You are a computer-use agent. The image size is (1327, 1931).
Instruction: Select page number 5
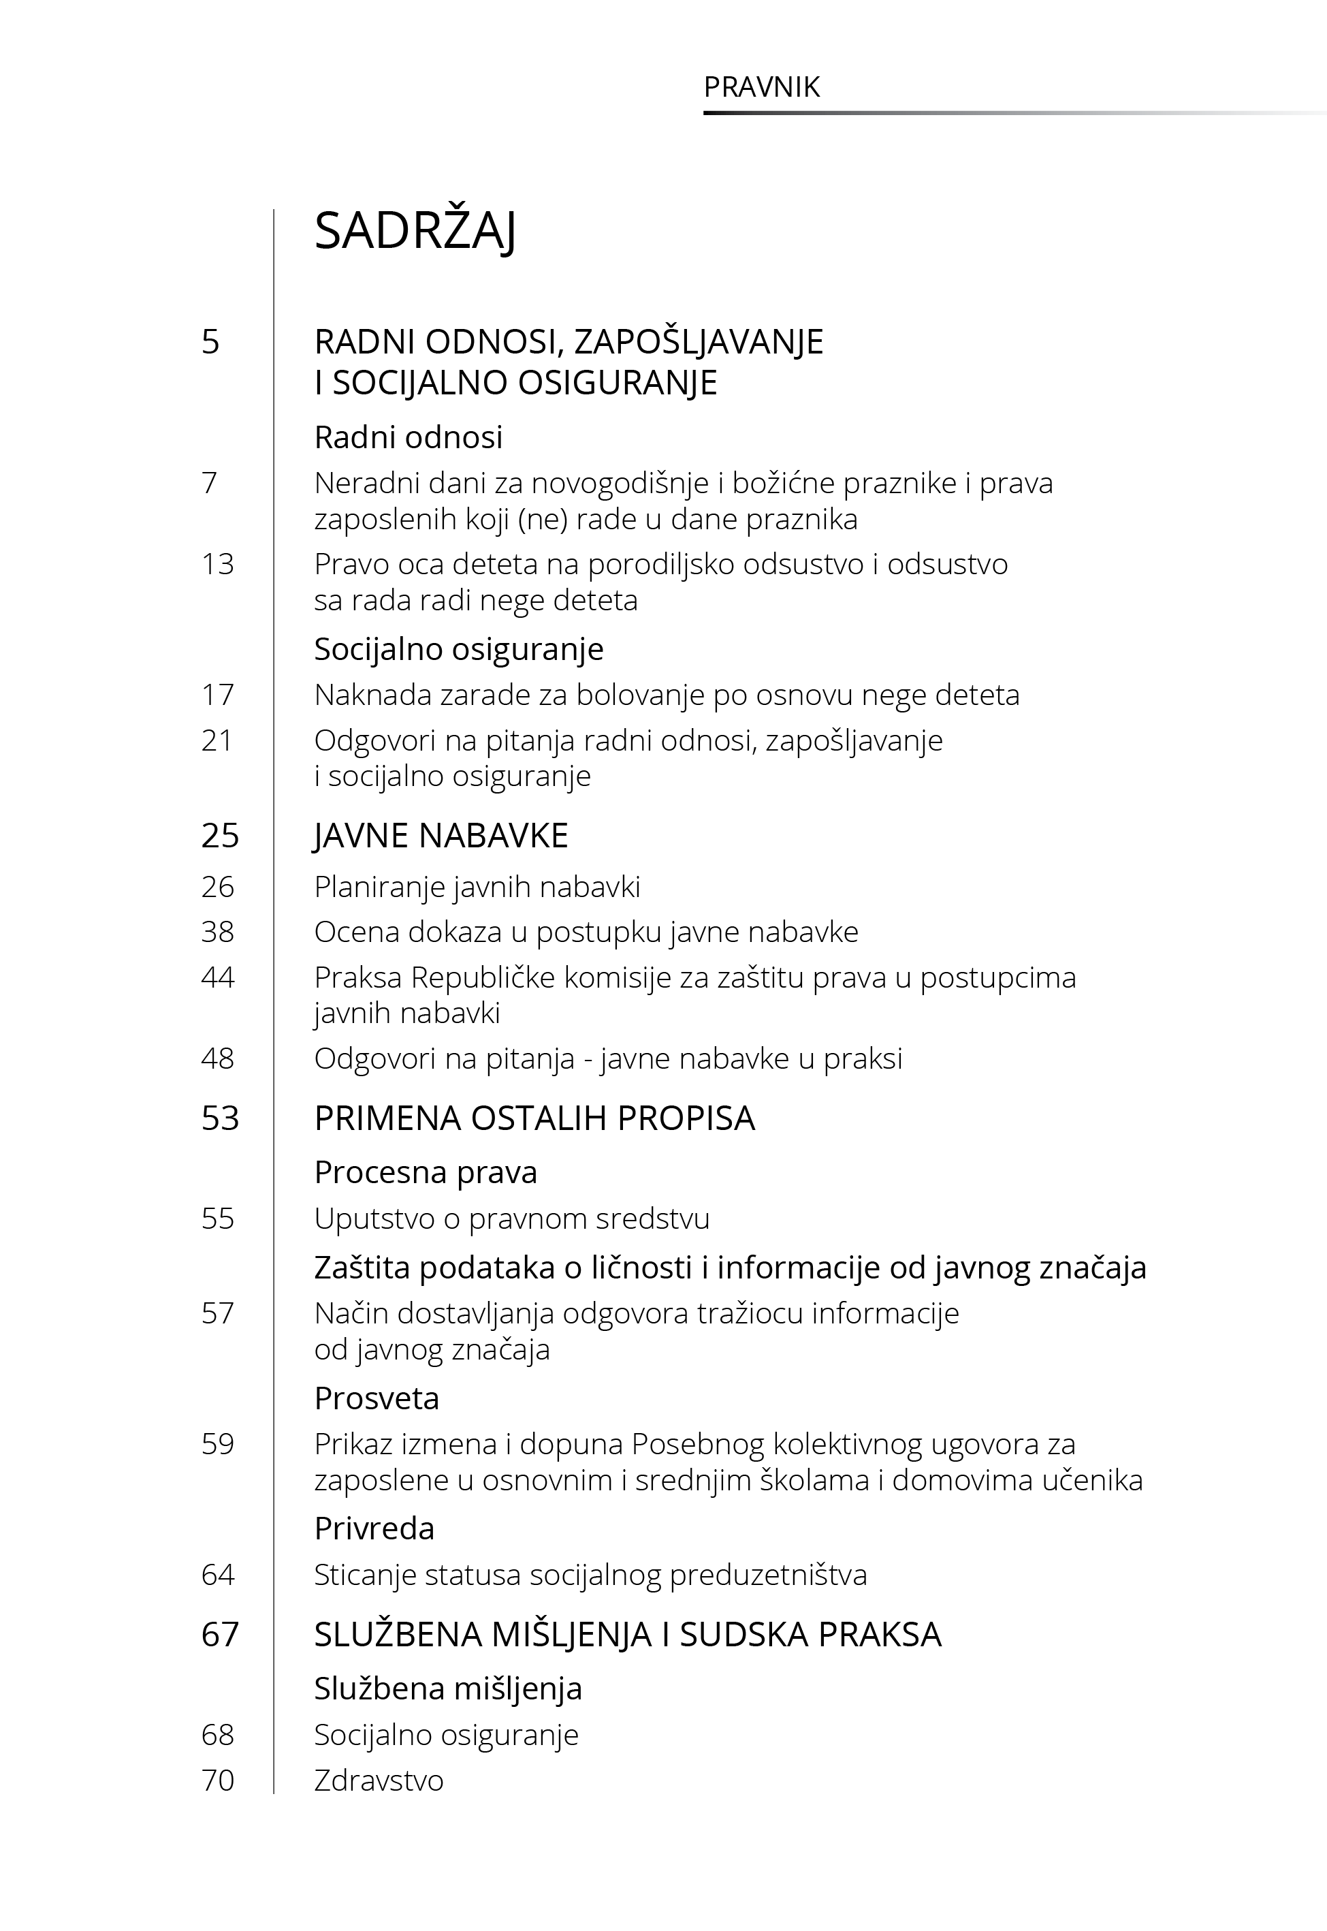[210, 342]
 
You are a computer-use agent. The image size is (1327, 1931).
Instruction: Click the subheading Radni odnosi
[409, 437]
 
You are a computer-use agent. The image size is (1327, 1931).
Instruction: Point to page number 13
[218, 565]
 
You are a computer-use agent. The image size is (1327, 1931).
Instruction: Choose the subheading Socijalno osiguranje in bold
[458, 648]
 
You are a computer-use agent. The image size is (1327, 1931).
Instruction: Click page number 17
[218, 694]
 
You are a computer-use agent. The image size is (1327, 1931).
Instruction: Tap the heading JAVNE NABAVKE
[441, 836]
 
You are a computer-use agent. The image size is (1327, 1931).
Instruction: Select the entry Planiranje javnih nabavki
[477, 888]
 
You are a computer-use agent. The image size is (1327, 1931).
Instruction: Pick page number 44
[218, 977]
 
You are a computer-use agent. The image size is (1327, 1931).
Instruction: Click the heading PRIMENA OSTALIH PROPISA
[534, 1118]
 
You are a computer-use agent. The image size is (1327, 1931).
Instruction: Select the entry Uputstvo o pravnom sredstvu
[511, 1219]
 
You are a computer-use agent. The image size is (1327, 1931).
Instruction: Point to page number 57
[218, 1314]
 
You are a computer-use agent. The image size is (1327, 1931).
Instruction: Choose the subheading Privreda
[374, 1528]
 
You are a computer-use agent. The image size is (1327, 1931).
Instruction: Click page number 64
[218, 1575]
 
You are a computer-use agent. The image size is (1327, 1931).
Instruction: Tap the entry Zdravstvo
[379, 1780]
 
